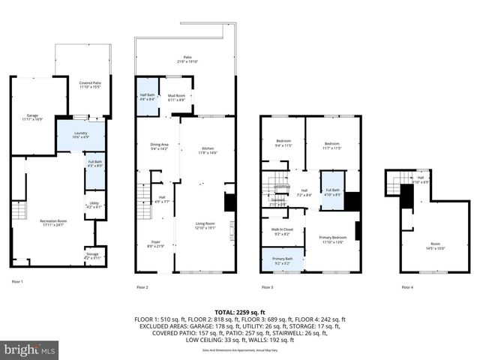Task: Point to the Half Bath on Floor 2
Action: pyautogui.click(x=147, y=96)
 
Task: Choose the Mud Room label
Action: pyautogui.click(x=176, y=97)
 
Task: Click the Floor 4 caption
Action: pyautogui.click(x=407, y=287)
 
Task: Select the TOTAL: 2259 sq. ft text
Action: pyautogui.click(x=239, y=311)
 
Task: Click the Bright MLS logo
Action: pyautogui.click(x=30, y=349)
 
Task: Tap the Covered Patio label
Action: pyautogui.click(x=91, y=85)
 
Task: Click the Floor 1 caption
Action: pyautogui.click(x=17, y=281)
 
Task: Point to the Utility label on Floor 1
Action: pyautogui.click(x=94, y=205)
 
